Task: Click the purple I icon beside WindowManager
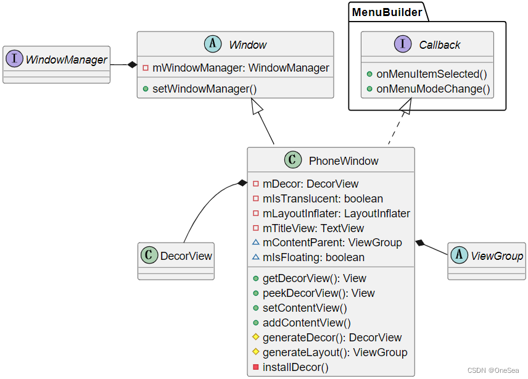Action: pyautogui.click(x=15, y=60)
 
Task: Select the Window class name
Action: pyautogui.click(x=247, y=45)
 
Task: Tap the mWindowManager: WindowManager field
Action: pyautogui.click(x=240, y=68)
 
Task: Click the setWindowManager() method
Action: pyautogui.click(x=204, y=88)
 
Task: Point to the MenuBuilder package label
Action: pyautogui.click(x=387, y=12)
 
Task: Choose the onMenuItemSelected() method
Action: pyautogui.click(x=431, y=74)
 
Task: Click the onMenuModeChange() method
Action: pyautogui.click(x=432, y=89)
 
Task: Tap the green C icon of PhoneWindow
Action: pyautogui.click(x=293, y=160)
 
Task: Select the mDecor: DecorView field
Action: pyautogui.click(x=310, y=184)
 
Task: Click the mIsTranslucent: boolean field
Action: pyautogui.click(x=322, y=199)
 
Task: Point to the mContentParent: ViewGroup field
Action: pyautogui.click(x=332, y=243)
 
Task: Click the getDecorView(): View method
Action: pyautogui.click(x=314, y=278)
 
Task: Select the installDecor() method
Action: pyautogui.click(x=295, y=367)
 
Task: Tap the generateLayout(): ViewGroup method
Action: pyautogui.click(x=334, y=352)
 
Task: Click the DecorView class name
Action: pyautogui.click(x=186, y=256)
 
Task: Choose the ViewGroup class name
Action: pyautogui.click(x=497, y=256)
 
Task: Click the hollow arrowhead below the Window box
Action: pyautogui.click(x=257, y=106)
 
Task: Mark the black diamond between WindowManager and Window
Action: pyautogui.click(x=131, y=64)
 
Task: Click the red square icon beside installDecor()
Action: pyautogui.click(x=256, y=367)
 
